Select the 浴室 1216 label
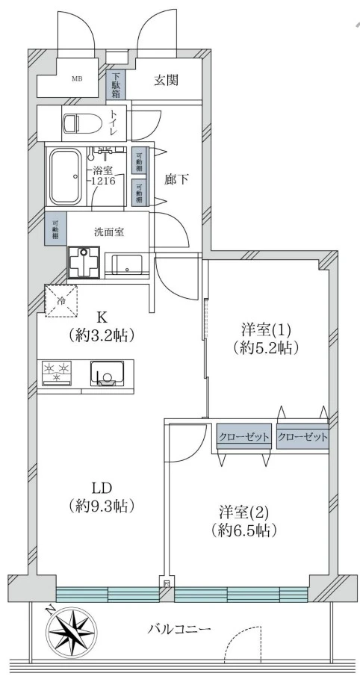click(104, 176)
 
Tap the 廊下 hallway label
click(176, 180)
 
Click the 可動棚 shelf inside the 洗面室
click(55, 228)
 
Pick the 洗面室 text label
click(109, 232)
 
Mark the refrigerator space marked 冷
click(60, 301)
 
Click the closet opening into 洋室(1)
click(302, 437)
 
